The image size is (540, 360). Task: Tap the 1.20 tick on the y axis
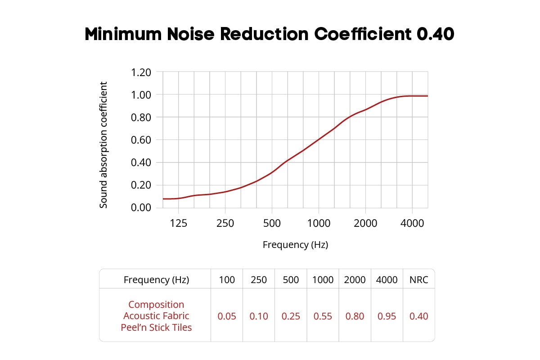[141, 72]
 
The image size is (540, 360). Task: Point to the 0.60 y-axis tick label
[141, 140]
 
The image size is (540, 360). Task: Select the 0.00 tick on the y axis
[141, 207]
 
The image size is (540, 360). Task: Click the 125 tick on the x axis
[179, 223]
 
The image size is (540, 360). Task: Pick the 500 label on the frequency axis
[271, 223]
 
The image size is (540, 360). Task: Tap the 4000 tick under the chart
[412, 223]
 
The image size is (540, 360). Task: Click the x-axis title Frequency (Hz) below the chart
[295, 245]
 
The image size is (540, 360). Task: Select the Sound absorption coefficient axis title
[104, 145]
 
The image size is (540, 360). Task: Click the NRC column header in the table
[418, 280]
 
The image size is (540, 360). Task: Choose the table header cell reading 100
[227, 280]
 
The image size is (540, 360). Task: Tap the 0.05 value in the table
[227, 316]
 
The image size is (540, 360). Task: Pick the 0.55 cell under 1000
[323, 316]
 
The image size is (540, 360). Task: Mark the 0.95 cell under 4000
[387, 316]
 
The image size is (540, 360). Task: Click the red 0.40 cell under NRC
[418, 316]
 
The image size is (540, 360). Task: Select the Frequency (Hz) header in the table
[156, 280]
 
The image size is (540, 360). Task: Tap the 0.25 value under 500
[291, 316]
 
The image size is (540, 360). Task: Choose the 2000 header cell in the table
[355, 280]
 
